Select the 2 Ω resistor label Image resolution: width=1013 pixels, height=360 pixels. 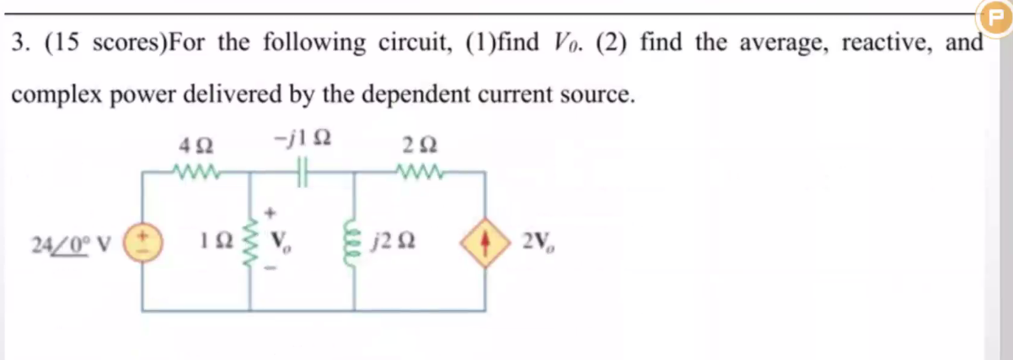click(x=417, y=145)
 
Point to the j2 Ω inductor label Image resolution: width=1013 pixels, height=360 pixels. click(x=395, y=245)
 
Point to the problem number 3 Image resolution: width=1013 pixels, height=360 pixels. click(x=19, y=42)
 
